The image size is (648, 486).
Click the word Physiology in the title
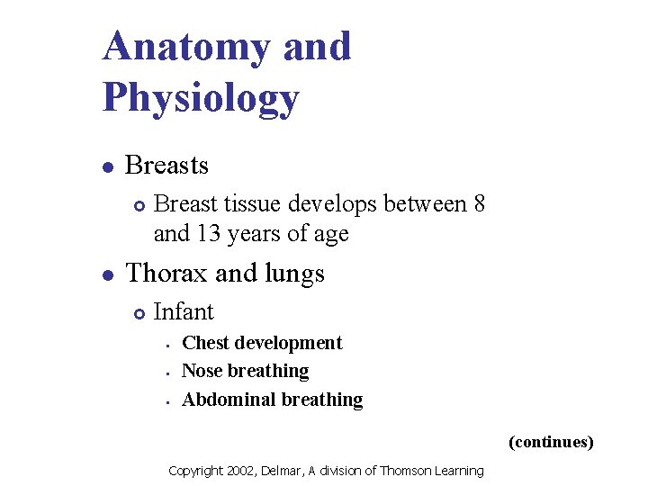[201, 98]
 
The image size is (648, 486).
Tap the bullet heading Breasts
[166, 166]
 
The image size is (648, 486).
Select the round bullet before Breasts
[107, 166]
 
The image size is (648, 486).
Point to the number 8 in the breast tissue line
[479, 204]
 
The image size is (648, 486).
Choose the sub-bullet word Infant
[184, 312]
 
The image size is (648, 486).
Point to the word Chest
[205, 343]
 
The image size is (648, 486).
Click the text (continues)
[551, 442]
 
